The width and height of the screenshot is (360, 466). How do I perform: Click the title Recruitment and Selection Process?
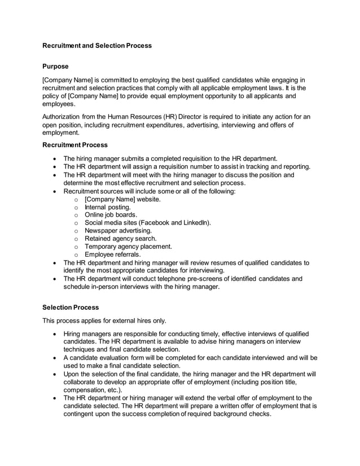coord(97,45)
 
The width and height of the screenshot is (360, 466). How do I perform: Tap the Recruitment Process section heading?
coord(75,145)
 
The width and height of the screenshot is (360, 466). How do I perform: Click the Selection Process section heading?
coord(71,307)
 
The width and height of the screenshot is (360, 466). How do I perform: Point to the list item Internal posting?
coord(107,207)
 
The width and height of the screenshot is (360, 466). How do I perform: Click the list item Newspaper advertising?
coord(118,231)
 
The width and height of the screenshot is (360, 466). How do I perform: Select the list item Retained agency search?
coord(120,239)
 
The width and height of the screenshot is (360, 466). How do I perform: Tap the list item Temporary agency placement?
coord(128,247)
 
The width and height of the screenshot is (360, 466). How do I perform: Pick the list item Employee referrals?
coord(112,254)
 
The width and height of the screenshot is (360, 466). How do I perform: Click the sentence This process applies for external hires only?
coord(104,321)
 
